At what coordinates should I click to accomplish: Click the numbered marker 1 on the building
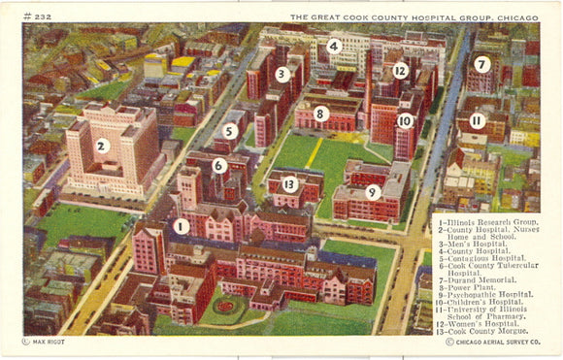click(182, 226)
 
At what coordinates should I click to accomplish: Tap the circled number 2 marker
click(102, 146)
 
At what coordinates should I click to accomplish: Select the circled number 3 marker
click(282, 74)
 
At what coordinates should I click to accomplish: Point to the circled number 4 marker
click(334, 46)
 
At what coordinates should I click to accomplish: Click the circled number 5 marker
click(230, 130)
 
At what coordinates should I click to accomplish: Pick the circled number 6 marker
click(219, 165)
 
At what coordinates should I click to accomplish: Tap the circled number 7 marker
click(481, 64)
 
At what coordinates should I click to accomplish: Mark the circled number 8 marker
click(321, 114)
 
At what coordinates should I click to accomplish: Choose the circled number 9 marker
click(372, 192)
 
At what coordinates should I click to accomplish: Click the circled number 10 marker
click(405, 121)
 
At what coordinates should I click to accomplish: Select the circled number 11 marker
click(477, 120)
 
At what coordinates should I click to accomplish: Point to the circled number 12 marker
click(400, 70)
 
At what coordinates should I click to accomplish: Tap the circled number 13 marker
click(289, 184)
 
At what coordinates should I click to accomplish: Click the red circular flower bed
click(226, 308)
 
